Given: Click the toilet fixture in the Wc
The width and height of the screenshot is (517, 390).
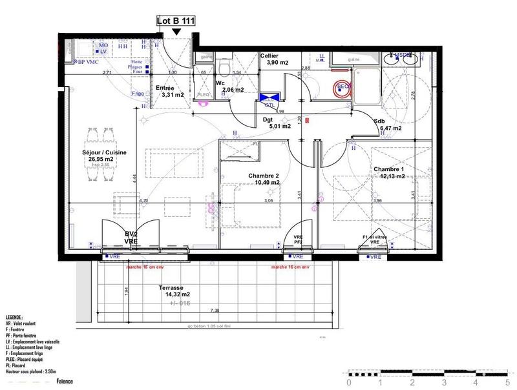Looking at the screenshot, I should coord(224,68).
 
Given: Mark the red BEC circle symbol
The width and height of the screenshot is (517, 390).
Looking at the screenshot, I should coord(341,89).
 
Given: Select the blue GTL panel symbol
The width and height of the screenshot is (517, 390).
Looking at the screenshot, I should coord(266,98).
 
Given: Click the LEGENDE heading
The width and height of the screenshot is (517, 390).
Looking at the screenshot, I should coord(14,318).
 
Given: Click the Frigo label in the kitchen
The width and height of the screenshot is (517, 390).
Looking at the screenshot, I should coord(138,94).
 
